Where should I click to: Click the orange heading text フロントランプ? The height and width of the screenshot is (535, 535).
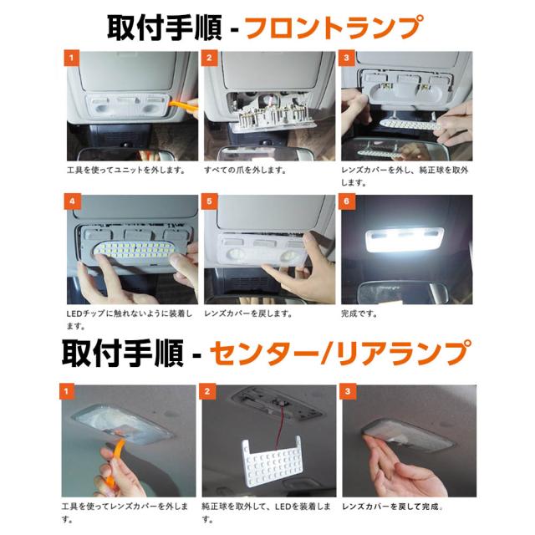(334, 27)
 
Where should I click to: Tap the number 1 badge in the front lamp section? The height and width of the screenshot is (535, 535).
(72, 58)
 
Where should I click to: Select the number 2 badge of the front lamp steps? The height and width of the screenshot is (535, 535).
(209, 58)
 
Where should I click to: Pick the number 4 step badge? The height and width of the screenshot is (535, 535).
(72, 201)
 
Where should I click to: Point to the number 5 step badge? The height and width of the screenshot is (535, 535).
(209, 201)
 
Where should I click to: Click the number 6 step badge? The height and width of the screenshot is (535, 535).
(347, 201)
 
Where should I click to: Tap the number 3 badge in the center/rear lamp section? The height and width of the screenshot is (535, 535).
(348, 391)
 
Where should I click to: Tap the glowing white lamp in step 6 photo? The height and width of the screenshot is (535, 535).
(405, 240)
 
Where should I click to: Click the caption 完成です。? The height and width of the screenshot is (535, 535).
(359, 313)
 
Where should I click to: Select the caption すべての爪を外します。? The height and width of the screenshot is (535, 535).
(245, 170)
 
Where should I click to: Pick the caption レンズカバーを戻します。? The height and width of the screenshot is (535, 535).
(248, 313)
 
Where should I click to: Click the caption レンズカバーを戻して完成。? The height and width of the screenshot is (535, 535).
(393, 507)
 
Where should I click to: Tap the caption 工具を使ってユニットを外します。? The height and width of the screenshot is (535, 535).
(126, 170)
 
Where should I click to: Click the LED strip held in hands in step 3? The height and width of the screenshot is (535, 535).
(410, 125)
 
